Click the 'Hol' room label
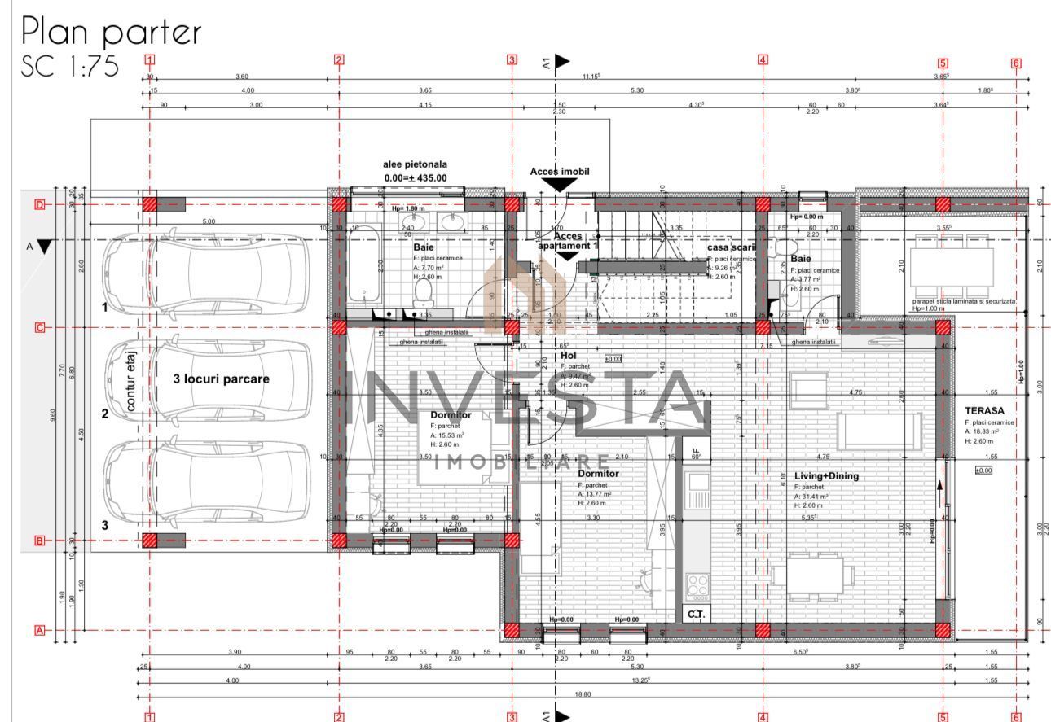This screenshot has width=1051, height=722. coord(568,356)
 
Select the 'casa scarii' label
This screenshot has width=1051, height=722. coord(731,247)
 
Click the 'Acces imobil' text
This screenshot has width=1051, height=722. coord(559,172)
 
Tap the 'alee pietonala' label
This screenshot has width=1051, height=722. coord(415,164)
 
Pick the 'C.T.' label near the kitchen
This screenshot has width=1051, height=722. coord(695,615)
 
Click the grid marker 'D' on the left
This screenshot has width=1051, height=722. coord(39,204)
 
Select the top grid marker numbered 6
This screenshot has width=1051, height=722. coord(1016,63)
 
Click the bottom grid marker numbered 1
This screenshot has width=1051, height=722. coord(149,717)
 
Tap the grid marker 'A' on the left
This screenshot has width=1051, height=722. coord(39,630)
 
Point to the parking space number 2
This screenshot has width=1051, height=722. coord(104,414)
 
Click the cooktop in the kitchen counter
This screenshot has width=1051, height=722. coord(697,584)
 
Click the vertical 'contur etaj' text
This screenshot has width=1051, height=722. coord(130,379)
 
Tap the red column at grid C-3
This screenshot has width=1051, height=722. coord(512,327)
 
